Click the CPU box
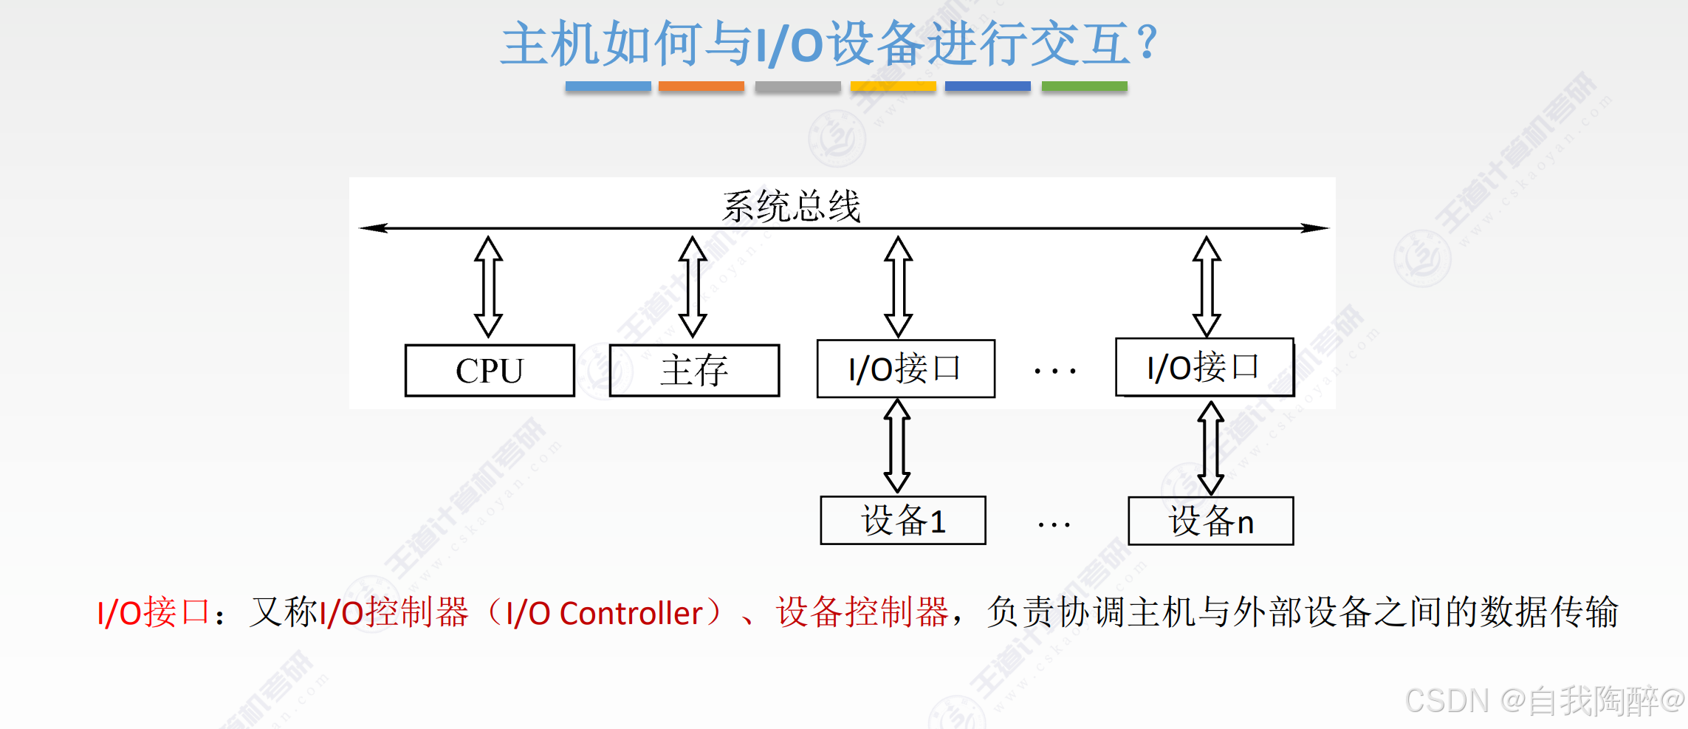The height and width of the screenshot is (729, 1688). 490,371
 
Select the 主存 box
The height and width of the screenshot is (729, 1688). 694,371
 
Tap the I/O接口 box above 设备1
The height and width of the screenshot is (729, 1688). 905,369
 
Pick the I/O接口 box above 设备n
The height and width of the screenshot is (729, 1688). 1204,367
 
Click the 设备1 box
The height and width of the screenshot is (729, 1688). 902,521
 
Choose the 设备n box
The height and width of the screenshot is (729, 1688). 1210,521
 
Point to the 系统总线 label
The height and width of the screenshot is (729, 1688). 791,206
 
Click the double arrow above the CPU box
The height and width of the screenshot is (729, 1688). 488,287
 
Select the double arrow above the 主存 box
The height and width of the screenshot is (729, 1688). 693,287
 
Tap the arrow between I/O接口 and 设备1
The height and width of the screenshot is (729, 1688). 897,446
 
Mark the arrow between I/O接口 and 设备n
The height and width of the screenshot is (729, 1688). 1210,448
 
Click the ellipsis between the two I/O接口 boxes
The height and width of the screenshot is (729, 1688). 1054,372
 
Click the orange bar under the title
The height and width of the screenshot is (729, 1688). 701,86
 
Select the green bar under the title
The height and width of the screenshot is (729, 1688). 1084,86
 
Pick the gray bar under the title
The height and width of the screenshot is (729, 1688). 797,86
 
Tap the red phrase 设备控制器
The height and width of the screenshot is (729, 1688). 862,612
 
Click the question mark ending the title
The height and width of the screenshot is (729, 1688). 1147,43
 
